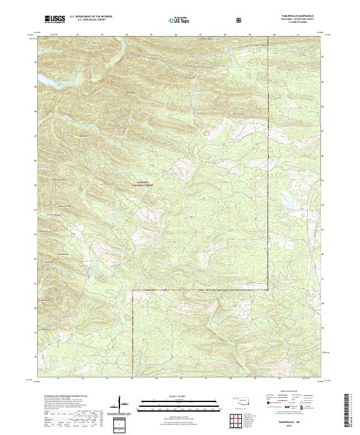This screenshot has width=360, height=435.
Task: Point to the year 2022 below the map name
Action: (x=298, y=427)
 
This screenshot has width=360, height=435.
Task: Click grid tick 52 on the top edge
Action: (x=79, y=35)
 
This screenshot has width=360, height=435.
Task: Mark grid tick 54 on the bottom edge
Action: (x=132, y=379)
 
